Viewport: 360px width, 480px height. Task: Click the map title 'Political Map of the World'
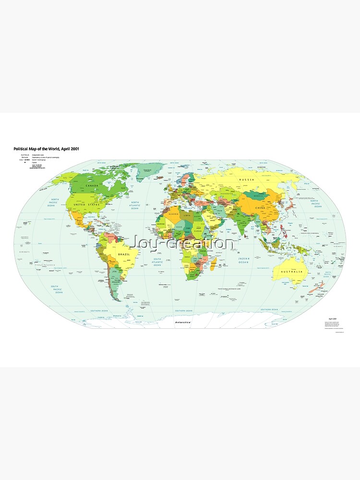[46, 149]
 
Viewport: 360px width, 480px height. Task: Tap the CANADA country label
[93, 185]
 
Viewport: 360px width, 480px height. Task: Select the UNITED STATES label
[86, 204]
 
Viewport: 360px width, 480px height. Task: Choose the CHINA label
[260, 207]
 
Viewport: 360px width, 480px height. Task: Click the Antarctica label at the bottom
[183, 323]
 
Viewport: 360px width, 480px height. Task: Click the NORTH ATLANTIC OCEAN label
[135, 205]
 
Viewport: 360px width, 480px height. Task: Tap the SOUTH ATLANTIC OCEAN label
[157, 261]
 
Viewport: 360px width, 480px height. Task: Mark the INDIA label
[243, 223]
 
